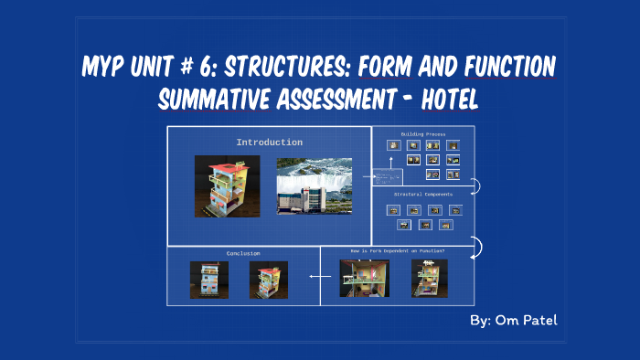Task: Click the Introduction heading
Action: (x=269, y=143)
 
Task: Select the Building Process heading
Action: (x=422, y=133)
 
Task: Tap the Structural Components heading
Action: (x=422, y=195)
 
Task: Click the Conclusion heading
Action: (x=243, y=253)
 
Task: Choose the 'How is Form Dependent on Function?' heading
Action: (x=397, y=250)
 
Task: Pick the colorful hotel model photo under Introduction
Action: (x=227, y=185)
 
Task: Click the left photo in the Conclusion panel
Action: (x=209, y=280)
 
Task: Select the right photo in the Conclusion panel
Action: (x=269, y=280)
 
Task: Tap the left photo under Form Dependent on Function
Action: (x=365, y=278)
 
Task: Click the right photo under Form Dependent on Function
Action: (x=429, y=278)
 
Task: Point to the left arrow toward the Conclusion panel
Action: (x=319, y=275)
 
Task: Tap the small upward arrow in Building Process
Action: (x=390, y=162)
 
